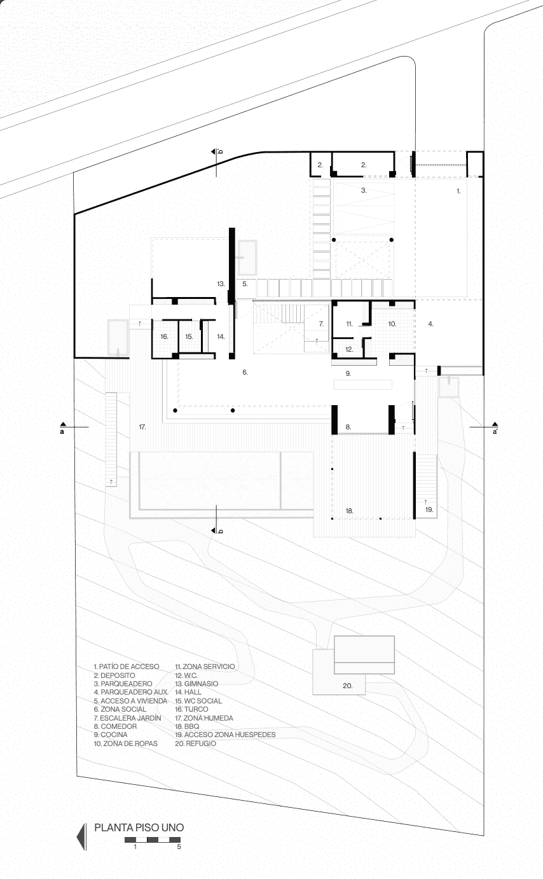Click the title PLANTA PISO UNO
139,827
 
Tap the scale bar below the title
153,840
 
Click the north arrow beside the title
81,836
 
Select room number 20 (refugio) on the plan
348,686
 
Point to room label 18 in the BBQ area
349,511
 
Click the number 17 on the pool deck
142,427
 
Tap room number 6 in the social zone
245,372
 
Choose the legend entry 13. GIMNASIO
196,683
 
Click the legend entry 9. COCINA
111,734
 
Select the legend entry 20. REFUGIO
195,744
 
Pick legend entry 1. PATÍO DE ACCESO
127,667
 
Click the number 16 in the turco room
165,336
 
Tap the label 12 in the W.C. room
349,349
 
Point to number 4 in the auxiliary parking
431,324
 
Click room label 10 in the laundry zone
392,324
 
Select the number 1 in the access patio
458,191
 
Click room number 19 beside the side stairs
429,509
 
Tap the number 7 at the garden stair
321,324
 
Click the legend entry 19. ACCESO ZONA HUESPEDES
225,734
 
